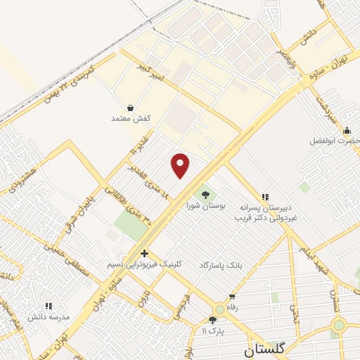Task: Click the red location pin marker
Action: coord(181,165)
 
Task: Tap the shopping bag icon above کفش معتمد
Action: coord(131,108)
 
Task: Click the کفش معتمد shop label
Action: coord(131,118)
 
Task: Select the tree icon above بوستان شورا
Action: coord(205,195)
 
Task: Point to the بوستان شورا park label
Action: coord(206,206)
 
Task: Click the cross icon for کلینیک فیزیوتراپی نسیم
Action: coord(144,253)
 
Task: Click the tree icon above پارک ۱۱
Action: coord(212,320)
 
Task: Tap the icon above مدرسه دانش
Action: coord(49,307)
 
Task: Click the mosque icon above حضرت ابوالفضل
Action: coord(347,130)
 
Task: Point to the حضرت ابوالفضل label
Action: coord(335,141)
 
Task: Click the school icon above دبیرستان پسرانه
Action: coord(265,198)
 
